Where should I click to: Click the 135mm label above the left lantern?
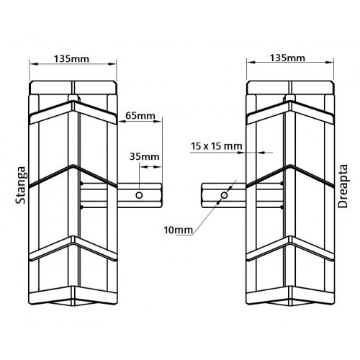[x=71, y=59]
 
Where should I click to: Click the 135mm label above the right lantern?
[x=287, y=58]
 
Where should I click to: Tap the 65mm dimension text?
[x=140, y=116]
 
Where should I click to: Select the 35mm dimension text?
[x=145, y=157]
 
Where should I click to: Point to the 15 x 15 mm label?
[x=217, y=146]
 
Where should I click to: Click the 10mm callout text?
[x=179, y=230]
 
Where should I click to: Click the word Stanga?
[x=21, y=185]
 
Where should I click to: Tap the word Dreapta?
[x=343, y=186]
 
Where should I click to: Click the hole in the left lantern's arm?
[x=139, y=195]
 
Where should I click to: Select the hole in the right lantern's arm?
[x=224, y=195]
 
